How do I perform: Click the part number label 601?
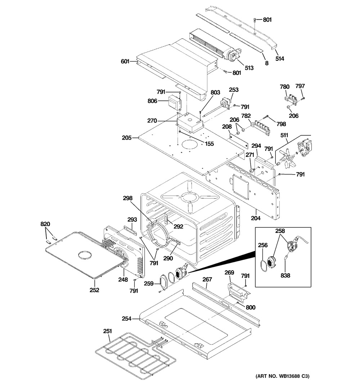(125, 62)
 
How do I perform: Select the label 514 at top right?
(280, 58)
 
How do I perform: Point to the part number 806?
(152, 101)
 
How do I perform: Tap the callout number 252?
(95, 290)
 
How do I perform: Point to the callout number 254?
(126, 319)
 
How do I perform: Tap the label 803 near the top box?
(215, 93)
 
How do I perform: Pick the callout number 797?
(300, 86)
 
